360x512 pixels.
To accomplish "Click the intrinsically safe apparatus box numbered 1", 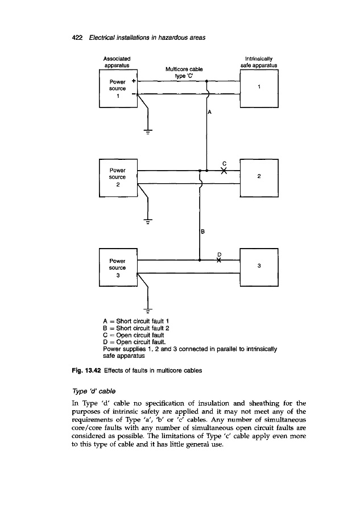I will [x=259, y=88].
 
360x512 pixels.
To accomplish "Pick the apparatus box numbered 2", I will [x=259, y=177].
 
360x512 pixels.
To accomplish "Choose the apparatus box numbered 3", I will [x=259, y=267].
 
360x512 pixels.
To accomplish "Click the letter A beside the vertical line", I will [x=209, y=113].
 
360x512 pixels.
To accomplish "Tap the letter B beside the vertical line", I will [x=202, y=231].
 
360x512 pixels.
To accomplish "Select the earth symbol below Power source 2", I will [x=148, y=222].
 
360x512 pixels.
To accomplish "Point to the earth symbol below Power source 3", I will [x=148, y=311].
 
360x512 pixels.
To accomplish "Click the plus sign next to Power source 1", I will [x=133, y=80].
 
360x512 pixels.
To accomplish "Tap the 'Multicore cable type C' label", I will [x=180, y=73].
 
